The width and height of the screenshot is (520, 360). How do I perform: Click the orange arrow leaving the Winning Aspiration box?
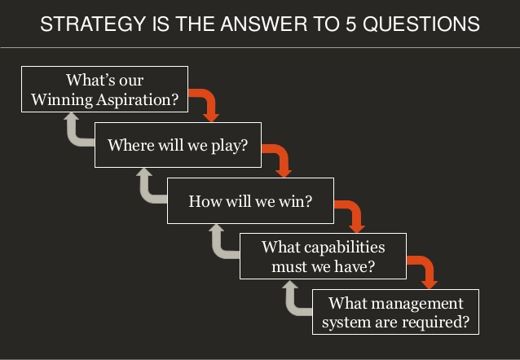tap(210, 96)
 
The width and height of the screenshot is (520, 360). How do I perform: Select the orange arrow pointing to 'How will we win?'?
tap(283, 151)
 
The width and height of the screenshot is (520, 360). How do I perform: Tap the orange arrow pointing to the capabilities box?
tap(355, 208)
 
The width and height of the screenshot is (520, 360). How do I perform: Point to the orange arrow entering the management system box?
tap(428, 264)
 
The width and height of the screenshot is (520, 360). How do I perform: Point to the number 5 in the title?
tap(350, 24)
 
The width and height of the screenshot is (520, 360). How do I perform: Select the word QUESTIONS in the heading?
tap(421, 24)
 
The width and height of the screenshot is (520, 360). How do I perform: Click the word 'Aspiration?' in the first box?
tap(137, 100)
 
